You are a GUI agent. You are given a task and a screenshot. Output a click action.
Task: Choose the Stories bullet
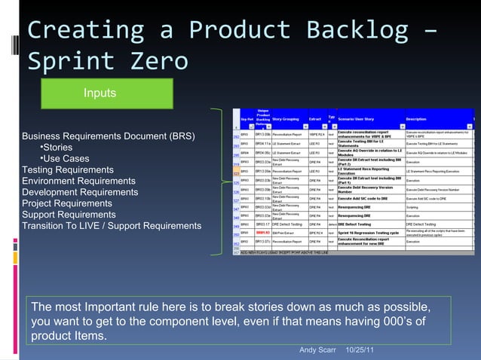[x=56, y=148]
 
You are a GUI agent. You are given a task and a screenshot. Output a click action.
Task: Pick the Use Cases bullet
[x=64, y=159]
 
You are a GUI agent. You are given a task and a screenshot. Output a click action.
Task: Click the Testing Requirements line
[x=68, y=170]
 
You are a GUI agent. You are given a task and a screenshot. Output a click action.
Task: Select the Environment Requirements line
[x=78, y=182]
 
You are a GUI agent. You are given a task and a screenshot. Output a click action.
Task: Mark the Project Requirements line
[x=66, y=203]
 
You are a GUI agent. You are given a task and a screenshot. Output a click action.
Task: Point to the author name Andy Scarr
[x=318, y=350]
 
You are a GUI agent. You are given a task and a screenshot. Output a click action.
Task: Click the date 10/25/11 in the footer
[x=363, y=350]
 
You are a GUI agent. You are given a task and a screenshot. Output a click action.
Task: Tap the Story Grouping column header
[x=287, y=118]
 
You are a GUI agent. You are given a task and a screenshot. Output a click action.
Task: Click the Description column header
[x=416, y=118]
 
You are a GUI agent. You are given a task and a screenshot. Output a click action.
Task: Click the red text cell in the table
[x=262, y=233]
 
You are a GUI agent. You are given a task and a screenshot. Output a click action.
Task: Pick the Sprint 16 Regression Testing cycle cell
[x=369, y=233]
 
